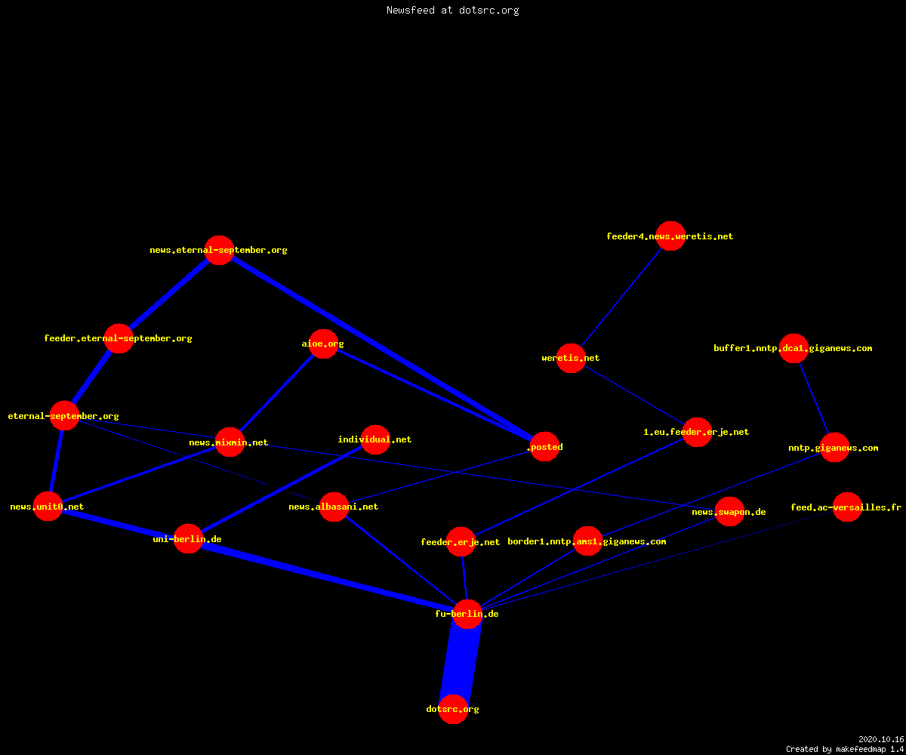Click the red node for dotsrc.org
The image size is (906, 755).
coord(453,709)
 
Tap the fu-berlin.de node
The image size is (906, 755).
coord(468,614)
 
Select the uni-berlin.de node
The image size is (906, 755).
coord(188,539)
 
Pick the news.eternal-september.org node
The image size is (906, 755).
coord(220,250)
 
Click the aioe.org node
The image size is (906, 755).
coord(323,344)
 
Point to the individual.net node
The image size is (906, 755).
coord(376,439)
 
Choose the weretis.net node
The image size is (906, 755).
coord(571,358)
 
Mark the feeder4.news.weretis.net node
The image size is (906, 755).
coord(671,236)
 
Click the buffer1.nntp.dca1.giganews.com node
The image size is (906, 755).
coord(794,348)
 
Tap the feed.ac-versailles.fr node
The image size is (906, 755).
coord(847,507)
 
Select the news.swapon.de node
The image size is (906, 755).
coord(730,512)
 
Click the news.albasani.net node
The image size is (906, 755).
coord(334,507)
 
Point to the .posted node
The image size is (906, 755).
coord(545,446)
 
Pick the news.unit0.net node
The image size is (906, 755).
coord(48,507)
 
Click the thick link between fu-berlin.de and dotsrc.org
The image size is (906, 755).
coord(461,661)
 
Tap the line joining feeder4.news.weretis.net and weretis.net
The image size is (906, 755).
coord(621,297)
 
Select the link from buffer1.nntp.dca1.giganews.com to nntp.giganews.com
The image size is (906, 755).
coord(815,399)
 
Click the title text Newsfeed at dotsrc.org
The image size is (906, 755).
coord(452,11)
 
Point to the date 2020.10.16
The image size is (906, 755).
coord(881,739)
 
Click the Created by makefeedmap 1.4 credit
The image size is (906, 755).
coord(845,749)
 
